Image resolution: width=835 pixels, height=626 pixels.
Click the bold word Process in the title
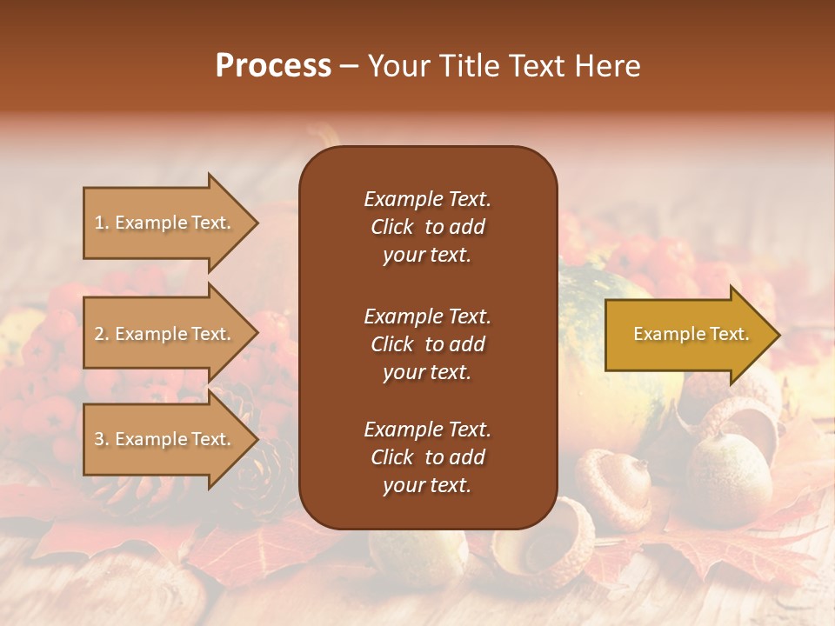coord(273,66)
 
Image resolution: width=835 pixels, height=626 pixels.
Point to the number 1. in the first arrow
coord(102,223)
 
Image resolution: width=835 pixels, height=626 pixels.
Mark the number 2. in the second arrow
coord(102,334)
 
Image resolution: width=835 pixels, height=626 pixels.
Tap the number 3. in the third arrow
coord(102,439)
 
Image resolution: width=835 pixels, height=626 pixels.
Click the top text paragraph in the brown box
coord(427,227)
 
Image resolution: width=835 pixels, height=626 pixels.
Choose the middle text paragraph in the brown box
coord(427,344)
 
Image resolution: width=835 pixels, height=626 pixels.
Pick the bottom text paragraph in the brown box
coord(427,457)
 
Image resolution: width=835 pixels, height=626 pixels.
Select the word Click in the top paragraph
coord(391,227)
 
